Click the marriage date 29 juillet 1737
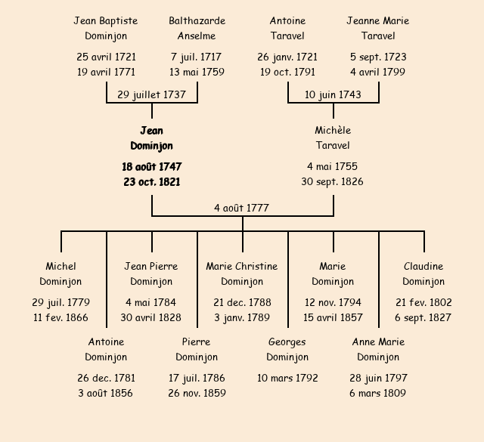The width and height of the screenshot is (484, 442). (x=151, y=94)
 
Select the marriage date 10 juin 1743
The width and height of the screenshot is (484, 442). (x=333, y=94)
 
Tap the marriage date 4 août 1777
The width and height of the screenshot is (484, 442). (x=242, y=208)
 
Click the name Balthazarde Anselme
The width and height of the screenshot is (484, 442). (x=197, y=28)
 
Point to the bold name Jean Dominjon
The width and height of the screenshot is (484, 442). (x=151, y=138)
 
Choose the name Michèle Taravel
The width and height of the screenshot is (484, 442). (x=333, y=138)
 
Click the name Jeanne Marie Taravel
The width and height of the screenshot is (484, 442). (x=378, y=28)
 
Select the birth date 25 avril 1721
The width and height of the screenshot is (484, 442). (x=106, y=57)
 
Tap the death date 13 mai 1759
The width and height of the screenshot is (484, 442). (x=197, y=72)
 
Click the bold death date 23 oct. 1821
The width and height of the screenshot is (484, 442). (x=151, y=181)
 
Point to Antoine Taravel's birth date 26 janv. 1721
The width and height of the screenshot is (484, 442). (x=287, y=57)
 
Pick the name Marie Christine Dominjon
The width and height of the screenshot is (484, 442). (x=242, y=274)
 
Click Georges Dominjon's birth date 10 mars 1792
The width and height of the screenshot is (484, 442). (x=287, y=378)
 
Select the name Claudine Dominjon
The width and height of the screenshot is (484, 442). (x=423, y=274)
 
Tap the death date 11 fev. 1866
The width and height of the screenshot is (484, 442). (x=60, y=317)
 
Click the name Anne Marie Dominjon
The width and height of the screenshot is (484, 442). (x=378, y=349)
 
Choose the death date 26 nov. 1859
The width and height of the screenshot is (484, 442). (x=197, y=393)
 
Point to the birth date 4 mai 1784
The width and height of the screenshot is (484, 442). (x=151, y=302)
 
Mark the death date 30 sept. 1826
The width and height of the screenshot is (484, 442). (x=333, y=181)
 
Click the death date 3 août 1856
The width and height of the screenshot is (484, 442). (x=106, y=393)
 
